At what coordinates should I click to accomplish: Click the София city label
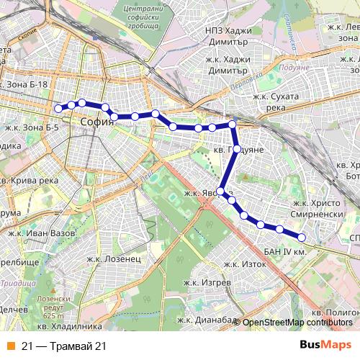point(97,122)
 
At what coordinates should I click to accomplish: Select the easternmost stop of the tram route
point(302,238)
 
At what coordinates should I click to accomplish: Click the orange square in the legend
point(11,346)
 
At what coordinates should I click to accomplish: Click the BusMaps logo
point(325,345)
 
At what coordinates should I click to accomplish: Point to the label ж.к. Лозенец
point(112,258)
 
